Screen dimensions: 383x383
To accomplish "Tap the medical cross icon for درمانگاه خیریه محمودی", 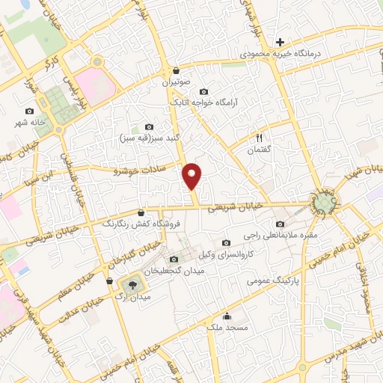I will [280, 42].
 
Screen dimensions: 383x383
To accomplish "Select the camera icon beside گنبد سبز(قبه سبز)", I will [149, 126].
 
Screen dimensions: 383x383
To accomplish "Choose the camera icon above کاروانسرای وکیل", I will [226, 242].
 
